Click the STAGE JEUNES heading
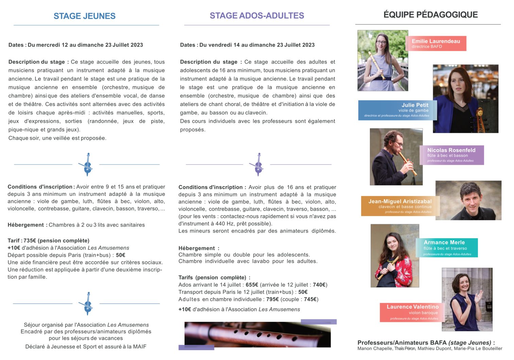(85, 16)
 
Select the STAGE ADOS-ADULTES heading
(257, 16)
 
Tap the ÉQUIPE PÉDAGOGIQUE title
(430, 15)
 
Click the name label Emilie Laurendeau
(436, 41)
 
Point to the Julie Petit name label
(415, 105)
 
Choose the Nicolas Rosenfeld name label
(451, 150)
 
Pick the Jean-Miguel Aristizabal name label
(400, 201)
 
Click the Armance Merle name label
(444, 242)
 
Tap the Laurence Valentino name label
(412, 307)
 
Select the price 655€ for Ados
(252, 285)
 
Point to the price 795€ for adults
(272, 299)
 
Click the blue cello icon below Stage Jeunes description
(88, 164)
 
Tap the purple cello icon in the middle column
(258, 164)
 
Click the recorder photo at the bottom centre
(257, 334)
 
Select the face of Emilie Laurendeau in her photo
(381, 43)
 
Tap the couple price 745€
(310, 299)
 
